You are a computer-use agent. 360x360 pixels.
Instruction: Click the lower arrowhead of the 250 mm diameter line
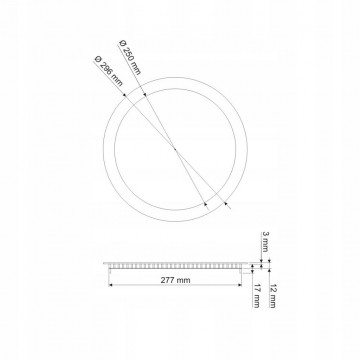[207, 204]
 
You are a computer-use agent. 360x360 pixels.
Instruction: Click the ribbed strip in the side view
[176, 266]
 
